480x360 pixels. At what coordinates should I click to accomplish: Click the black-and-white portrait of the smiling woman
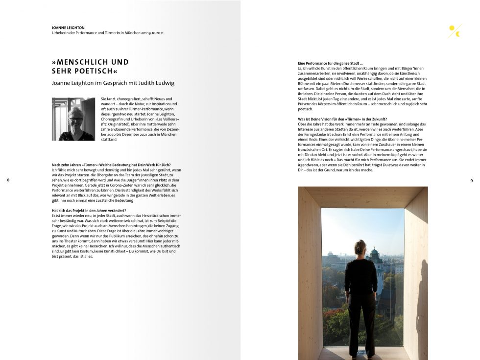tap(73, 119)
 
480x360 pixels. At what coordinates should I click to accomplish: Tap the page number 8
tap(8, 181)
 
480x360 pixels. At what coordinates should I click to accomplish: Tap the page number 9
tap(471, 181)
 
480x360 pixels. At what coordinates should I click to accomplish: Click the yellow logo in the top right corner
tap(455, 31)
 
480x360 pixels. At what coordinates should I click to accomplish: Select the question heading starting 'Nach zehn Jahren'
tap(111, 165)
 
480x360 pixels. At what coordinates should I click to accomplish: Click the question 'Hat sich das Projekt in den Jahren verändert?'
tap(89, 211)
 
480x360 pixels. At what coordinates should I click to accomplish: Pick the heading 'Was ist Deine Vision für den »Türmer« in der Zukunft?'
tap(342, 120)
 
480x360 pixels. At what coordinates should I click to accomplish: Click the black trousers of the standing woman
tap(361, 318)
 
